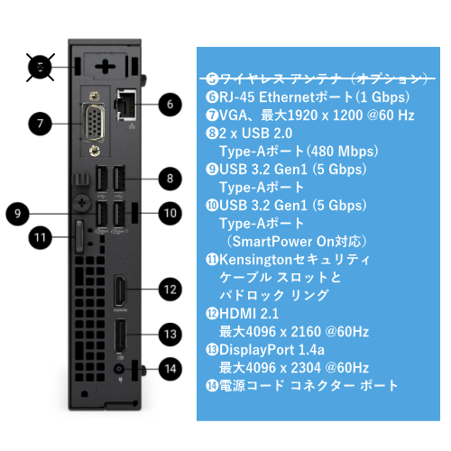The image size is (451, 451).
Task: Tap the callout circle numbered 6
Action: tap(168, 103)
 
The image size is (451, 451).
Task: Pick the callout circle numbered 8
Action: tap(169, 178)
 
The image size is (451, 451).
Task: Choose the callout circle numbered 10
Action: tap(170, 213)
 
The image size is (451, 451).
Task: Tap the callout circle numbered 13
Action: tap(169, 333)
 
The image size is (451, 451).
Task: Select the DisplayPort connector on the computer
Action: tap(121, 340)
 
